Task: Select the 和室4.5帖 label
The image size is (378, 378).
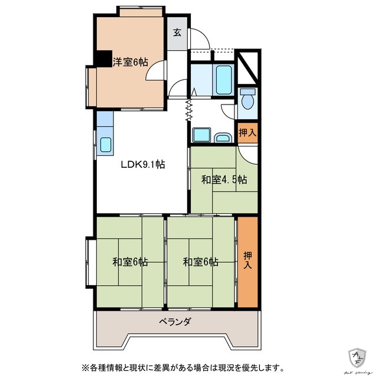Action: (224, 179)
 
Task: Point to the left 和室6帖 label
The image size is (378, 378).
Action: (130, 262)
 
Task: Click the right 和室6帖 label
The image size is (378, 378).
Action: (200, 262)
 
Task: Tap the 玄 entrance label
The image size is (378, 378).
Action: (177, 32)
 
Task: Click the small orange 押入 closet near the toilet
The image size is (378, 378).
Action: (247, 133)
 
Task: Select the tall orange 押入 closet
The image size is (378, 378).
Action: (247, 262)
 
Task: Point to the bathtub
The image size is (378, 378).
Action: (223, 80)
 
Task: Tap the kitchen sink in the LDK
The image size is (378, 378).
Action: (106, 145)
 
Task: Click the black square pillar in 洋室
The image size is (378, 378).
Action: (105, 59)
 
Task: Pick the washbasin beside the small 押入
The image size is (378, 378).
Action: (223, 138)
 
